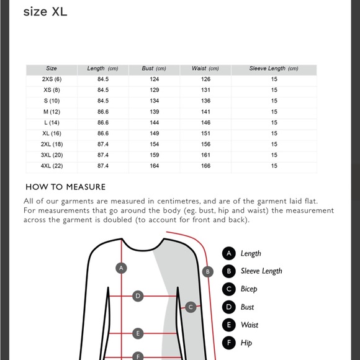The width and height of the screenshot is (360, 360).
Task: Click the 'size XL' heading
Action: pyautogui.click(x=45, y=12)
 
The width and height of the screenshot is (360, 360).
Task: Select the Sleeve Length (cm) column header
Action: pyautogui.click(x=274, y=68)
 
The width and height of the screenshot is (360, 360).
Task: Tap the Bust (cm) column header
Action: pyautogui.click(x=154, y=68)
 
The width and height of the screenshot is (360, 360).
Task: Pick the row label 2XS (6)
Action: pyautogui.click(x=52, y=79)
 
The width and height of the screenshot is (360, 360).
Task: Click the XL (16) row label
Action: pyautogui.click(x=52, y=133)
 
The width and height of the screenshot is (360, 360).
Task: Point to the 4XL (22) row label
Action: pyautogui.click(x=52, y=166)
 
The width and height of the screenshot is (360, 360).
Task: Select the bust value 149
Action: pyautogui.click(x=155, y=133)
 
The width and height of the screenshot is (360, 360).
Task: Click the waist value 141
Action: pyautogui.click(x=205, y=112)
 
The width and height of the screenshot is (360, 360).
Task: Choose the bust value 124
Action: pyautogui.click(x=155, y=79)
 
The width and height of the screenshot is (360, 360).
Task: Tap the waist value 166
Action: pyautogui.click(x=205, y=166)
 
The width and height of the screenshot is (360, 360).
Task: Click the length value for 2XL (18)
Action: pyautogui.click(x=103, y=144)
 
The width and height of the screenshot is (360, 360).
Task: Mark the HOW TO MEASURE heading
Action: pyautogui.click(x=65, y=187)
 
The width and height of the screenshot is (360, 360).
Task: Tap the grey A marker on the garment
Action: pyautogui.click(x=121, y=268)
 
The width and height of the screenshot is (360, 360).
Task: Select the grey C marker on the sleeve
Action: pyautogui.click(x=191, y=307)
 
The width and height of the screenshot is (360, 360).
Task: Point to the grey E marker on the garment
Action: pyautogui.click(x=138, y=333)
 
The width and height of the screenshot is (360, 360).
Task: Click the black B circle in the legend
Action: pyautogui.click(x=228, y=271)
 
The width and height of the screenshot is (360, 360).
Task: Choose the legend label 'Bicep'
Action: pyautogui.click(x=249, y=289)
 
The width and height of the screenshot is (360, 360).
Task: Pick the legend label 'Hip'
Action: pyautogui.click(x=246, y=343)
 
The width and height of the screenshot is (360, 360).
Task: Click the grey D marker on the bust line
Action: pyautogui.click(x=138, y=296)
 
